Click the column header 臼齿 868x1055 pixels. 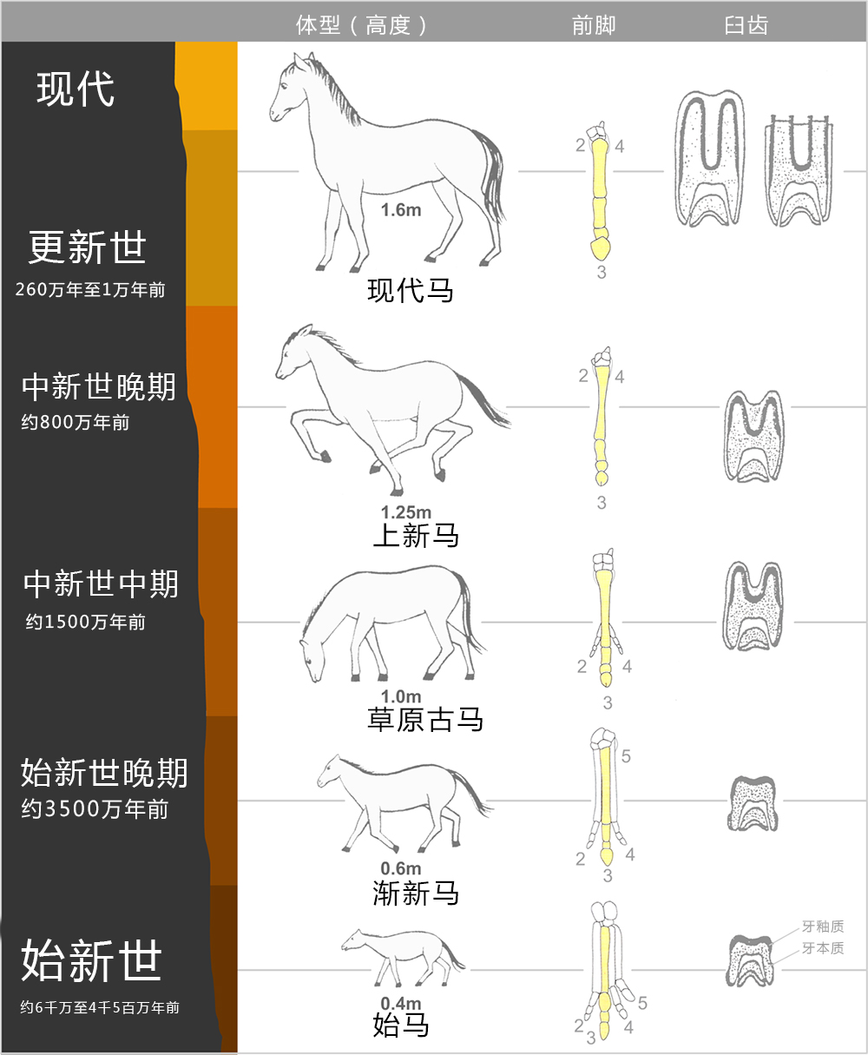pyautogui.click(x=746, y=25)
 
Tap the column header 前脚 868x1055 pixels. pyautogui.click(x=594, y=25)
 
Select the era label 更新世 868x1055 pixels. pyautogui.click(x=87, y=247)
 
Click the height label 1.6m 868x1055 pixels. pyautogui.click(x=400, y=210)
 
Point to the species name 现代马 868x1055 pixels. pyautogui.click(x=411, y=290)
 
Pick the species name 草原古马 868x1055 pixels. pyautogui.click(x=425, y=719)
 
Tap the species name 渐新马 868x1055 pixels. pyautogui.click(x=416, y=893)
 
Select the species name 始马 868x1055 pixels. pyautogui.click(x=401, y=1025)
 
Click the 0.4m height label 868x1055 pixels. pyautogui.click(x=400, y=1005)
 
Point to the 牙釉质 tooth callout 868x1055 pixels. pyautogui.click(x=822, y=927)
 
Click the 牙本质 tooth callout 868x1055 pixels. pyautogui.click(x=822, y=948)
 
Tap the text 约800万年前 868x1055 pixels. pyautogui.click(x=76, y=423)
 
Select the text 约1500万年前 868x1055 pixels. pyautogui.click(x=85, y=622)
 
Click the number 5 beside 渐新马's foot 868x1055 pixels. pyautogui.click(x=626, y=756)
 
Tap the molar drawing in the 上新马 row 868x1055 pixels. pyautogui.click(x=753, y=436)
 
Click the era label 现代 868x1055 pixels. pyautogui.click(x=76, y=89)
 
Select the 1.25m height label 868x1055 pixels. pyautogui.click(x=405, y=513)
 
